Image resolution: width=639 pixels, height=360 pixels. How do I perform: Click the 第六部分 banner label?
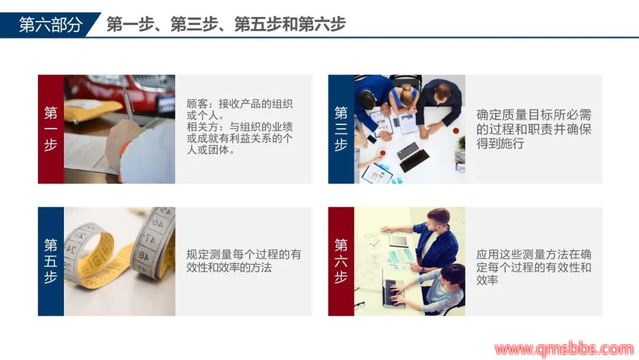(x=50, y=25)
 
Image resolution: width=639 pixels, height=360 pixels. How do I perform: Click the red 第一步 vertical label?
(x=50, y=129)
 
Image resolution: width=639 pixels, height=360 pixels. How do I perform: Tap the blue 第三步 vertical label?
(x=341, y=129)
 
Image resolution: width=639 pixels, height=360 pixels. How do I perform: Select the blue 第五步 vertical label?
(x=50, y=261)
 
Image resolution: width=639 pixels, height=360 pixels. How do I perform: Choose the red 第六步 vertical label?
(x=341, y=261)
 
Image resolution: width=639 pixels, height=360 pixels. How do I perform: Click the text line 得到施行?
(x=500, y=143)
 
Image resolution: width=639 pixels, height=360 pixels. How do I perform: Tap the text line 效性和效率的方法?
(x=228, y=268)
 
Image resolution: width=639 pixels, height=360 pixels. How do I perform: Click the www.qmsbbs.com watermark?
(x=564, y=349)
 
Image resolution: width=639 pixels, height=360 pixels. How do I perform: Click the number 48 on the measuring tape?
(x=144, y=256)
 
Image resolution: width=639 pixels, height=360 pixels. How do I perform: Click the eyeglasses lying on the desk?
(x=360, y=305)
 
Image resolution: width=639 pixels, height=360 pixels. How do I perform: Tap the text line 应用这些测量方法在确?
(x=534, y=255)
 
